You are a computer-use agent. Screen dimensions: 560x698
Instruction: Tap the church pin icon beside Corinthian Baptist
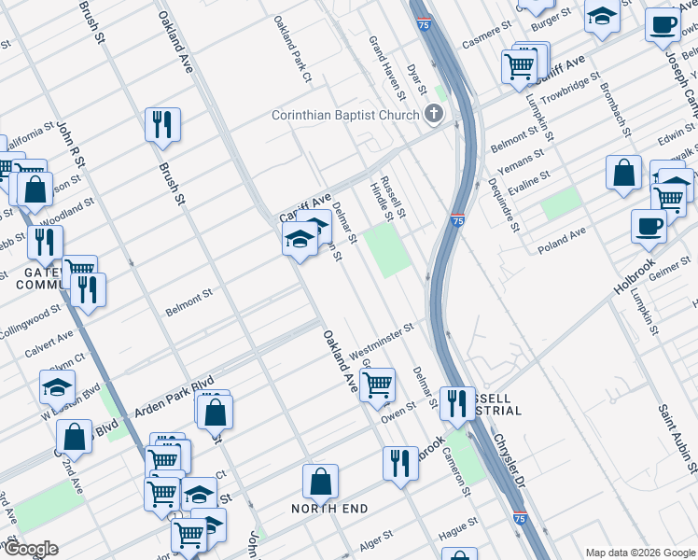coord(432,114)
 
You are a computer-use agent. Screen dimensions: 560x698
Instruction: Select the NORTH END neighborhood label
coord(329,509)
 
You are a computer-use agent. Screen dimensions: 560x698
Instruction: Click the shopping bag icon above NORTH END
coord(320,482)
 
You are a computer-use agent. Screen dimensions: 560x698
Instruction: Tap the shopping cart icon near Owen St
coord(377,384)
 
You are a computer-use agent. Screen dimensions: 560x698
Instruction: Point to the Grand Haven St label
coord(386,68)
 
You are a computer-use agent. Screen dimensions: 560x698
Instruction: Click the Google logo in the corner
coord(30,549)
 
